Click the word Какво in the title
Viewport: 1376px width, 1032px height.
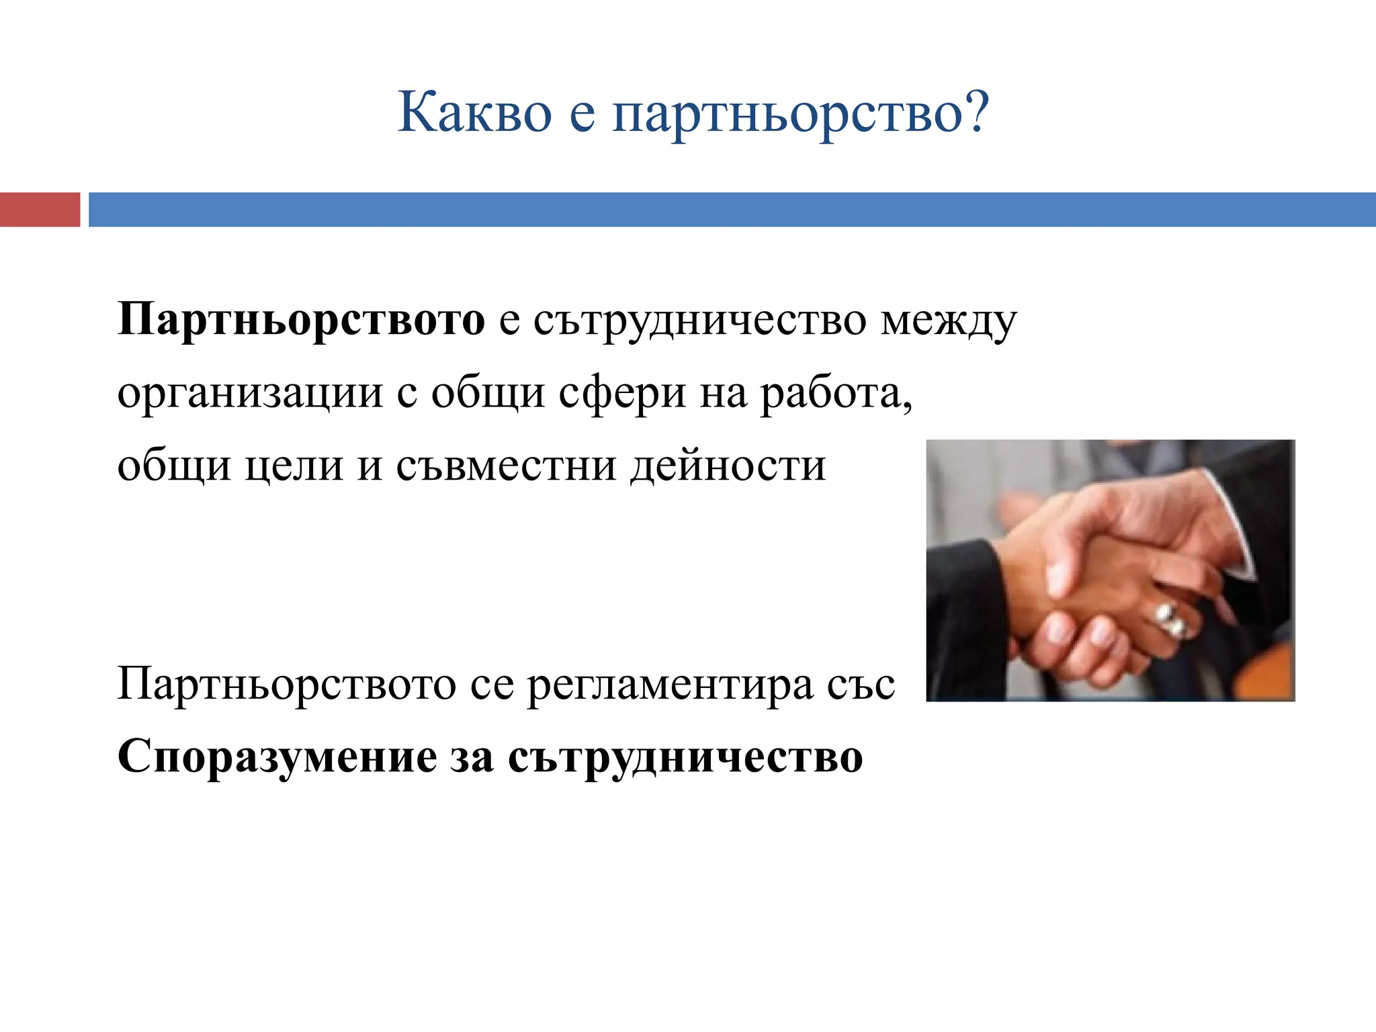coord(474,112)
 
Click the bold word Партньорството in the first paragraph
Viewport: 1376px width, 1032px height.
coord(301,319)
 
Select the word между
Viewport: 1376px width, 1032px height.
coord(949,321)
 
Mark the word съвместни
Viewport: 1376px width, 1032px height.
coord(506,465)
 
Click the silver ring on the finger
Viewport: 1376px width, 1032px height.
coord(1170,619)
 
